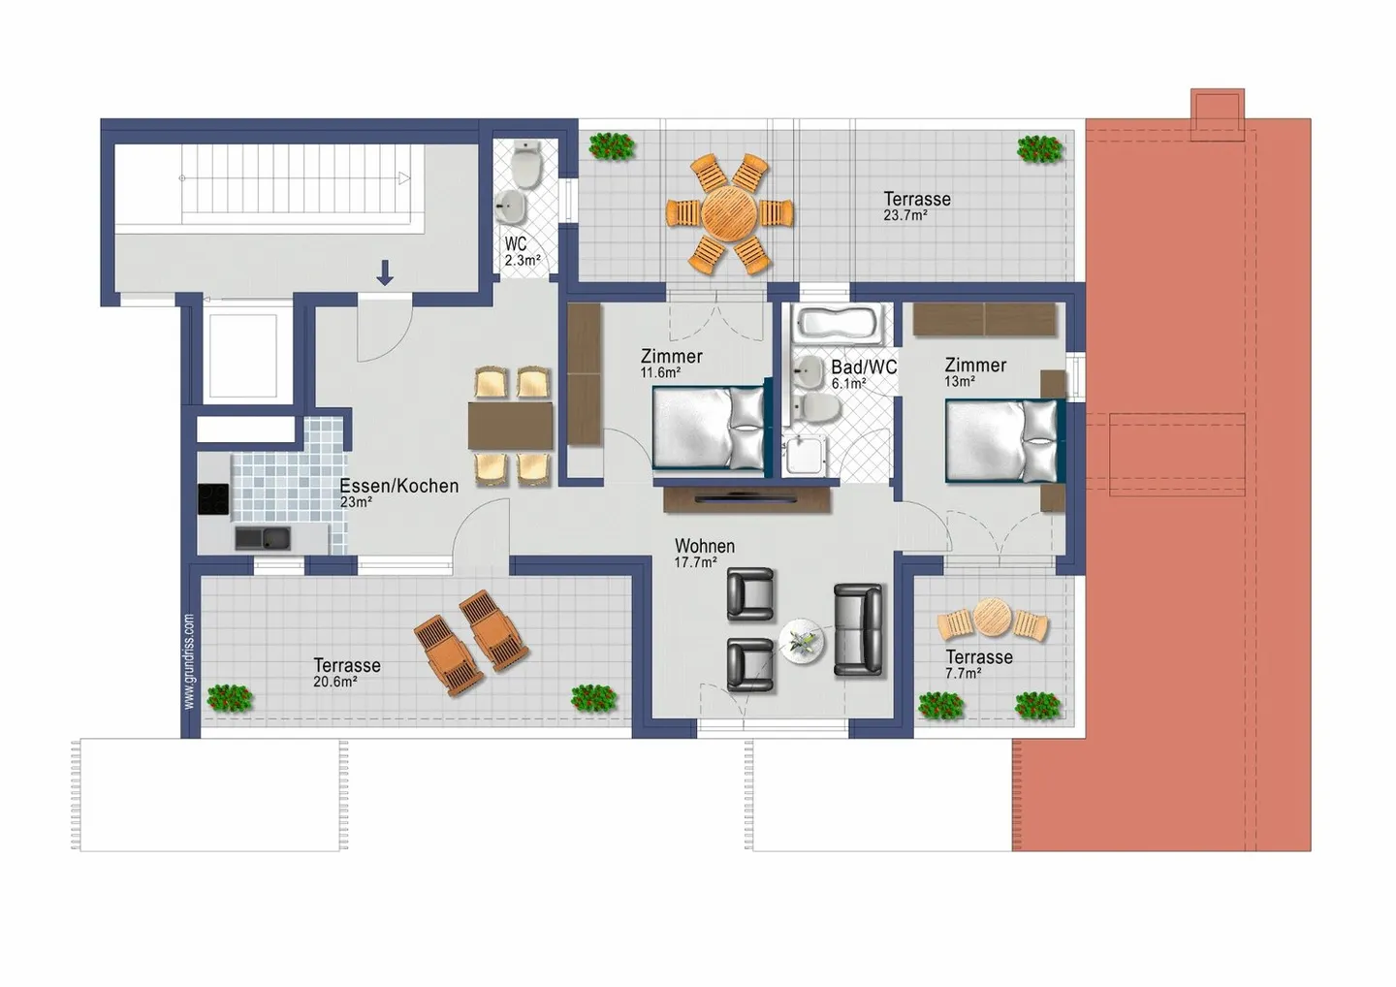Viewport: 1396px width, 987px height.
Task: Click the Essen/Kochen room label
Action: (398, 486)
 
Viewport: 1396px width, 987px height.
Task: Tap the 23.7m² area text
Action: (904, 216)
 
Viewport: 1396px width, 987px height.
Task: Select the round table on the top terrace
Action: (729, 213)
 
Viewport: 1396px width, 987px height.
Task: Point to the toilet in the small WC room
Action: (526, 166)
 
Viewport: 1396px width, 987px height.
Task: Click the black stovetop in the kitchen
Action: (213, 498)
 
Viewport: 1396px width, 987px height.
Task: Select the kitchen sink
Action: (262, 537)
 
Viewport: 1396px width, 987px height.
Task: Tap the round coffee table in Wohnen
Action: (803, 641)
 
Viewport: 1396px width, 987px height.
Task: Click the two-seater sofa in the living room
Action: (859, 629)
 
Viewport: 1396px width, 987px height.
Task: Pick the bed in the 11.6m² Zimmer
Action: (709, 428)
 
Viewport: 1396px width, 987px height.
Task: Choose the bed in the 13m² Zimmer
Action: (1002, 440)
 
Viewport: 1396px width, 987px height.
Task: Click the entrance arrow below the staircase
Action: (385, 272)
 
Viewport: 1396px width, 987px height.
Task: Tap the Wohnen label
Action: (705, 546)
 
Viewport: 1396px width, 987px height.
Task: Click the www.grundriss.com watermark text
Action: (188, 660)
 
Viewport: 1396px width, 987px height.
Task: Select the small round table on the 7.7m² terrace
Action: (992, 616)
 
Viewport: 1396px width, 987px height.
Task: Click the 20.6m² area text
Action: (334, 683)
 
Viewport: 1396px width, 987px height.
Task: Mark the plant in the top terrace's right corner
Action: (1039, 148)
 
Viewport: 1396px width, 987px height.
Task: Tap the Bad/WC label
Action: (863, 367)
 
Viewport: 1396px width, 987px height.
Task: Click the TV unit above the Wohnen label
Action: (746, 498)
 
